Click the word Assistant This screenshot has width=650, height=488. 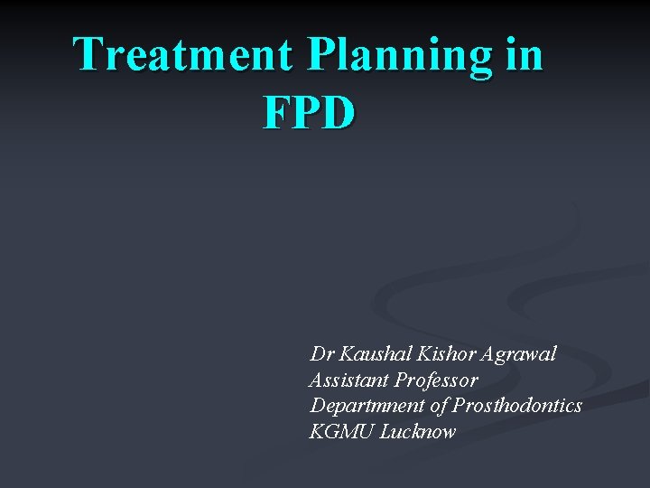point(348,380)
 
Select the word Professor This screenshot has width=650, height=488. point(436,380)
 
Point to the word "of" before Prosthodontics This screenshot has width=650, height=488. point(440,406)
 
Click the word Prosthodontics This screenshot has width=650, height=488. point(517,406)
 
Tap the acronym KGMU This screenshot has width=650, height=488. point(341,432)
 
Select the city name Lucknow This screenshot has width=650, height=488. point(418,432)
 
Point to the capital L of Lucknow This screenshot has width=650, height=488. point(385,432)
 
